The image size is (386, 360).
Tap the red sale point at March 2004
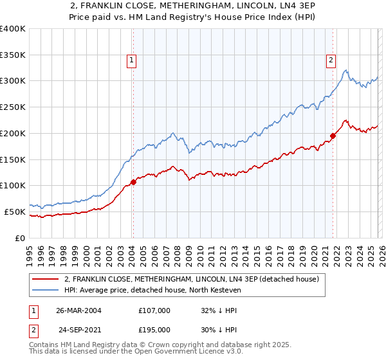[x=133, y=182]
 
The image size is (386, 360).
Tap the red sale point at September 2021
[x=333, y=135]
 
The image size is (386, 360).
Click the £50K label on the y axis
[x=15, y=212]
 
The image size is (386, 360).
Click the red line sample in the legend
[x=44, y=279]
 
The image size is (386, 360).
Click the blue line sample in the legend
[x=44, y=290]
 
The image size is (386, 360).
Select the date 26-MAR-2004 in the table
[x=78, y=310]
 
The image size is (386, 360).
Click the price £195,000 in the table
[x=154, y=330]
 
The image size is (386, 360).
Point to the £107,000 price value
[x=154, y=310]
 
